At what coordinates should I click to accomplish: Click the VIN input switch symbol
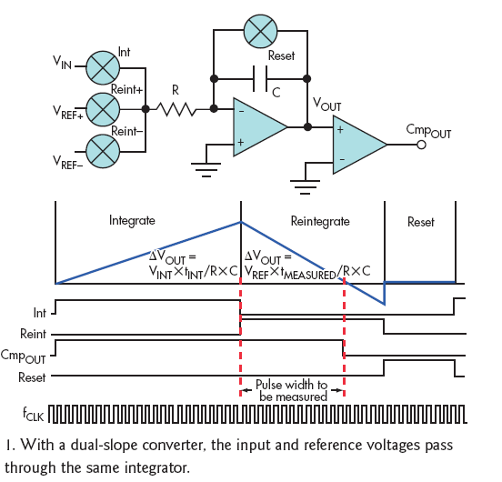tap(103, 67)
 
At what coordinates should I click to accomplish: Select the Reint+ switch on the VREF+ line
tap(103, 109)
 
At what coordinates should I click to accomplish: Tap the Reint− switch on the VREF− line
tap(103, 151)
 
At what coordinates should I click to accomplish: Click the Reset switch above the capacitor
tap(260, 31)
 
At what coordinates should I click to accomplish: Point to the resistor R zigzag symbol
tap(176, 109)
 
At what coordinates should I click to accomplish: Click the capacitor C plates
tap(260, 79)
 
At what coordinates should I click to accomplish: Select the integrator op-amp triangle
tap(260, 127)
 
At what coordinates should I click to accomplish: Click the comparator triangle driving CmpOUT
tap(360, 145)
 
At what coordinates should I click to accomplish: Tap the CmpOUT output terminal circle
tap(421, 145)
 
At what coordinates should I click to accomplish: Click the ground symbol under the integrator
tap(206, 170)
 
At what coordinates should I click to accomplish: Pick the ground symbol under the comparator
tap(305, 187)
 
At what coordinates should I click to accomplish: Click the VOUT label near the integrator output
tap(326, 104)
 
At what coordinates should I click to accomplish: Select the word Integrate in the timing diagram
tap(132, 221)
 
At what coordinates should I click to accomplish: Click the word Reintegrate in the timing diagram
tap(320, 222)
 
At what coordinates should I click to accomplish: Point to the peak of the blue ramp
tap(241, 222)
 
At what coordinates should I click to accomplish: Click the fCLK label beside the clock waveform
tap(33, 414)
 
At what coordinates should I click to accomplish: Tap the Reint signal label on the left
tap(33, 334)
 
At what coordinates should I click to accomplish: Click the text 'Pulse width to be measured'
tap(292, 390)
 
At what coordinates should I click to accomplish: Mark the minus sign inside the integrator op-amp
tap(242, 111)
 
